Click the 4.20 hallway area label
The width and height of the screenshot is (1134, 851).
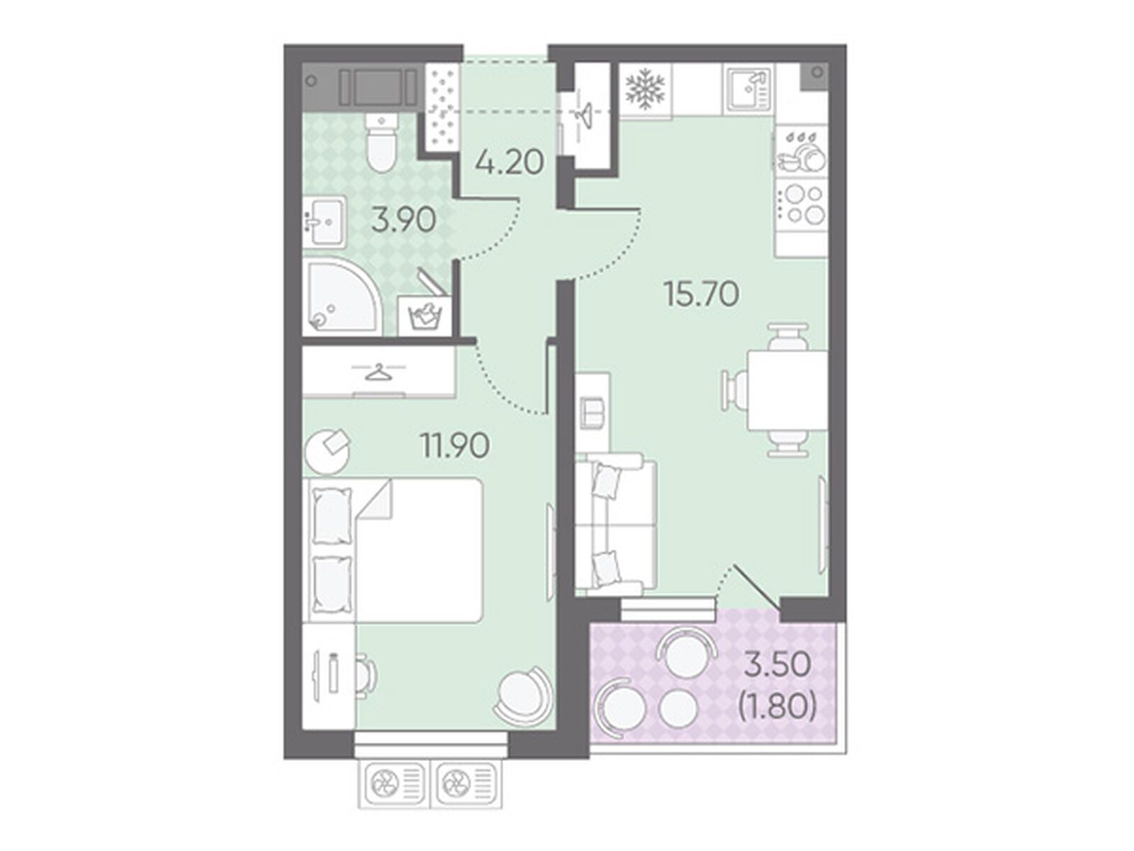point(508,163)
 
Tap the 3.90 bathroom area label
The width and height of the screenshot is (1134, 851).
point(403,221)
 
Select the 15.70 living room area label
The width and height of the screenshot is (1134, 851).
point(702,294)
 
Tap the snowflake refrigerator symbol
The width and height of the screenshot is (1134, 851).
point(644,89)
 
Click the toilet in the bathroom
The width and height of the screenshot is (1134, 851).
point(381,143)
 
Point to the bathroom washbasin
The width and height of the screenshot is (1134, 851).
point(324,221)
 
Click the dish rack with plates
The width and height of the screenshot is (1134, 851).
point(802,151)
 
